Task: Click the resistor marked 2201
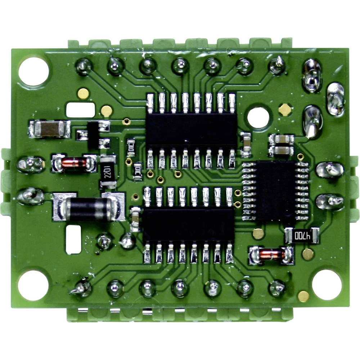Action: (x=108, y=172)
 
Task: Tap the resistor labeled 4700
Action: (x=302, y=236)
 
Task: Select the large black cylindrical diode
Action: (x=88, y=206)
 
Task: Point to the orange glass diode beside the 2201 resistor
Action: (x=74, y=163)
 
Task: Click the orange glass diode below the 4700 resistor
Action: (x=272, y=255)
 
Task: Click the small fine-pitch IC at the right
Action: (x=276, y=191)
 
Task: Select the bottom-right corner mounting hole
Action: (x=327, y=284)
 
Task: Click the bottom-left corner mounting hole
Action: (x=33, y=285)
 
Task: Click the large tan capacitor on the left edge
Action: (x=50, y=129)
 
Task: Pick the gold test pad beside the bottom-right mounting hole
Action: (x=303, y=296)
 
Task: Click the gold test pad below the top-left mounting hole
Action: (x=83, y=94)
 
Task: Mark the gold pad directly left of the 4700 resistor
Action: (x=258, y=234)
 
